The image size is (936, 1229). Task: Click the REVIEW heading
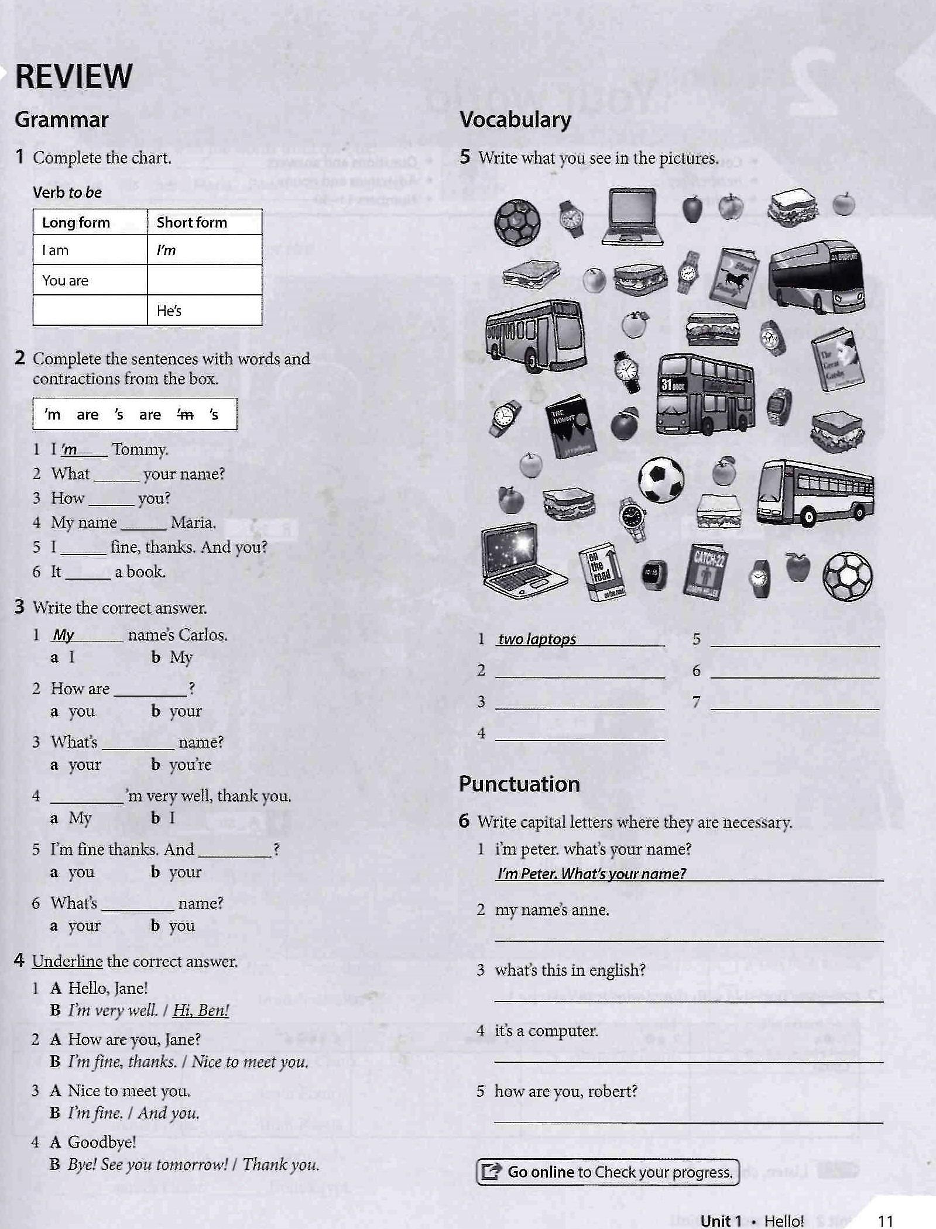pos(74,76)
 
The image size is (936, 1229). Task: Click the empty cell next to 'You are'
pos(204,280)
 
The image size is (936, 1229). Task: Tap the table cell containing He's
pos(204,311)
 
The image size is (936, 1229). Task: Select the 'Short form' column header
pos(192,222)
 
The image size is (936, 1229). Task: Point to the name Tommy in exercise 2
pos(140,449)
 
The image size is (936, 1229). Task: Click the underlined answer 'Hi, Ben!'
pos(201,1010)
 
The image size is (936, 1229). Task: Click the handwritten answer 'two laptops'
pos(537,639)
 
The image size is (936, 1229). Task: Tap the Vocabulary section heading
pos(515,120)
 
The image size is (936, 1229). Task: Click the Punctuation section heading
pos(519,784)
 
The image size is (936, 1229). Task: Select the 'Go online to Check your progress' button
pos(608,1172)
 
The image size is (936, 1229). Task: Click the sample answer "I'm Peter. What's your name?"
pos(591,873)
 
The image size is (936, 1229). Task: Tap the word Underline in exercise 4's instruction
pos(67,961)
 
